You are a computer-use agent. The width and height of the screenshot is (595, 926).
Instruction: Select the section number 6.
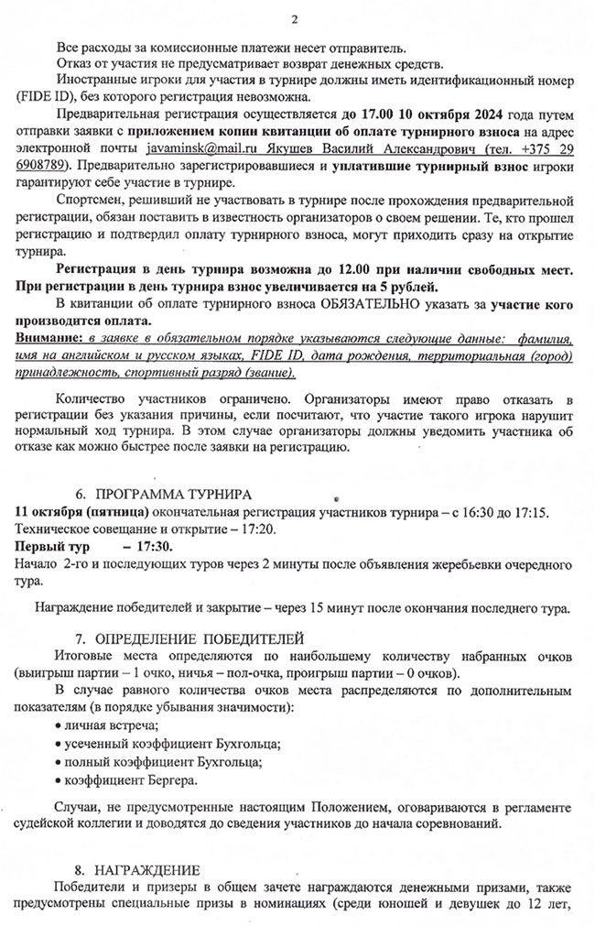click(x=80, y=494)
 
